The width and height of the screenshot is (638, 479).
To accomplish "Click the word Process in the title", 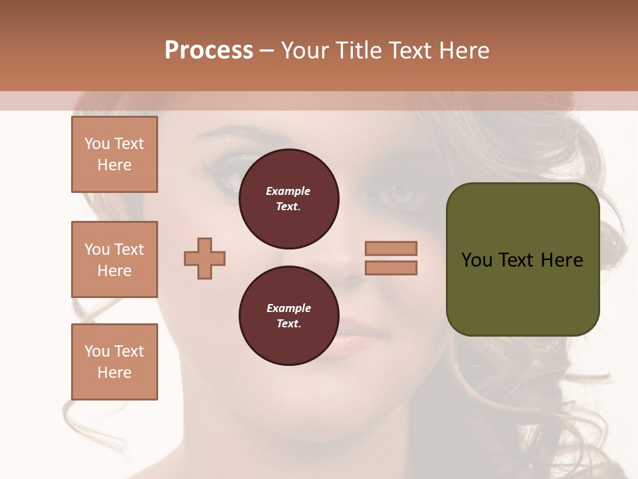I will (209, 50).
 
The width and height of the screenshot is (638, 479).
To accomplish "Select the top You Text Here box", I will (114, 154).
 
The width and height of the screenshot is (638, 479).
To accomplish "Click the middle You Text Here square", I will (114, 259).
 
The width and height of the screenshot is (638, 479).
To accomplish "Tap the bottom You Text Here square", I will (114, 362).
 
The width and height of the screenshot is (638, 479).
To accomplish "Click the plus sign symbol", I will (205, 258).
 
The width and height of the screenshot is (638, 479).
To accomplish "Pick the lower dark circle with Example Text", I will (288, 316).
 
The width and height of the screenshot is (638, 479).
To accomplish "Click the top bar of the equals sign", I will (391, 248).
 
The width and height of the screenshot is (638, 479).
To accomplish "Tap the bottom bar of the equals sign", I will (391, 267).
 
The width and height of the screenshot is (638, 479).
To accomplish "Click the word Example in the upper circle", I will (288, 191).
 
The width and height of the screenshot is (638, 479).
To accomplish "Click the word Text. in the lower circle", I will (288, 324).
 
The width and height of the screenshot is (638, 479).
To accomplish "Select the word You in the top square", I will (97, 144).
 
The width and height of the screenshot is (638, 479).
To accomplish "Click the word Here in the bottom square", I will (114, 373).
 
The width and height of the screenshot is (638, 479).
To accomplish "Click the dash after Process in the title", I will (267, 51).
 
